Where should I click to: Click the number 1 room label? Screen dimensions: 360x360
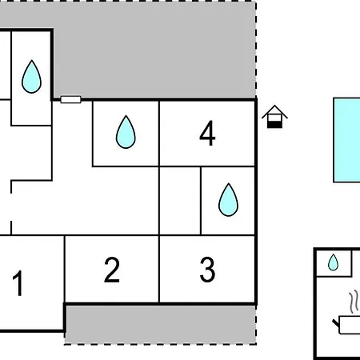pyautogui.click(x=18, y=283)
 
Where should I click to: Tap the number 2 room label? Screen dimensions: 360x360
pyautogui.click(x=112, y=270)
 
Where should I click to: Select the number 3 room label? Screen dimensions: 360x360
pyautogui.click(x=207, y=270)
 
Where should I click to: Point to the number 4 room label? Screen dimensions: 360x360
pyautogui.click(x=207, y=133)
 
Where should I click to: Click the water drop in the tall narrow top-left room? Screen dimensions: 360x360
pyautogui.click(x=31, y=77)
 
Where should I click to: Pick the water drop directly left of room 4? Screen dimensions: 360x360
pyautogui.click(x=126, y=132)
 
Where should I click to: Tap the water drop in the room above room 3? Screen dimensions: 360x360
pyautogui.click(x=228, y=199)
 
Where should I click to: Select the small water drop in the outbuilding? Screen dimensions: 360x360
pyautogui.click(x=333, y=262)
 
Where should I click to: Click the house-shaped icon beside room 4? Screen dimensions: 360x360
pyautogui.click(x=274, y=117)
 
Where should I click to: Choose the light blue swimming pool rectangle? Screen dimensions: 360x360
pyautogui.click(x=346, y=140)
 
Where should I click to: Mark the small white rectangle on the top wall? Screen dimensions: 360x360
pyautogui.click(x=70, y=99)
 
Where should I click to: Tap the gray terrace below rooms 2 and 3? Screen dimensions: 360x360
pyautogui.click(x=161, y=325)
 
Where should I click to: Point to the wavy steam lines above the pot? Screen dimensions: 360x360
pyautogui.click(x=354, y=302)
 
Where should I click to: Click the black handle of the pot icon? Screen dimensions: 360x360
pyautogui.click(x=336, y=323)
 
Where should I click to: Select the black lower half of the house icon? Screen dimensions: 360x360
pyautogui.click(x=274, y=125)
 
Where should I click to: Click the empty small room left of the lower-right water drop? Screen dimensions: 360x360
pyautogui.click(x=180, y=201)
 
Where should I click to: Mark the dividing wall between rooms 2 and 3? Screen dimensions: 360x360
pyautogui.click(x=159, y=270)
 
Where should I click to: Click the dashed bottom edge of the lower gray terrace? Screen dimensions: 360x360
pyautogui.click(x=161, y=344)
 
